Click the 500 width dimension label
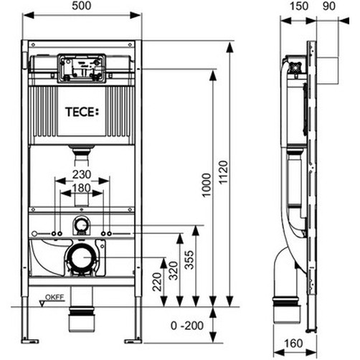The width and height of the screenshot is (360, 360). pyautogui.click(x=82, y=6)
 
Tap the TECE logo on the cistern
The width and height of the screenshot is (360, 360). pyautogui.click(x=82, y=112)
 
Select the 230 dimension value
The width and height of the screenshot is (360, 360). pyautogui.click(x=82, y=175)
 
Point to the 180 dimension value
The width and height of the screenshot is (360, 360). pyautogui.click(x=82, y=188)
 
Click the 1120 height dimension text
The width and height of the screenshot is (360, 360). pyautogui.click(x=224, y=172)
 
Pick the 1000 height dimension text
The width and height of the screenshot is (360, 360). pyautogui.click(x=207, y=185)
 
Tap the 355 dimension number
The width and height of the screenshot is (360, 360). pyautogui.click(x=189, y=260)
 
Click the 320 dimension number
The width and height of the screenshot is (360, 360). pyautogui.click(x=174, y=270)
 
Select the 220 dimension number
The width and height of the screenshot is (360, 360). pyautogui.click(x=157, y=282)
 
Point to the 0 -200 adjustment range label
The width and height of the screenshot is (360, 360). pyautogui.click(x=187, y=326)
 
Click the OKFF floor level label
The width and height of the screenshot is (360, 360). pyautogui.click(x=55, y=297)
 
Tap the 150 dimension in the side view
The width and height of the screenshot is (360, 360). pyautogui.click(x=299, y=6)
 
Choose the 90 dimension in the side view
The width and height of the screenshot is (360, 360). pyautogui.click(x=329, y=6)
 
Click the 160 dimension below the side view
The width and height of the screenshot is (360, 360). pyautogui.click(x=293, y=344)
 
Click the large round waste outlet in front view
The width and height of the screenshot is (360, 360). pyautogui.click(x=81, y=257)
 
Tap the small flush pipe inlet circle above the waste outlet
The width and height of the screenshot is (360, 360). pyautogui.click(x=81, y=225)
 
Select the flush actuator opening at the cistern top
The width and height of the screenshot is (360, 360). pyautogui.click(x=82, y=68)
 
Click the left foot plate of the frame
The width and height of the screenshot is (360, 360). pyautogui.click(x=30, y=341)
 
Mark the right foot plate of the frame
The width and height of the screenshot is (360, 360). pyautogui.click(x=133, y=341)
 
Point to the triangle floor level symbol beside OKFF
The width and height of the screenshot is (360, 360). pyautogui.click(x=42, y=304)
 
